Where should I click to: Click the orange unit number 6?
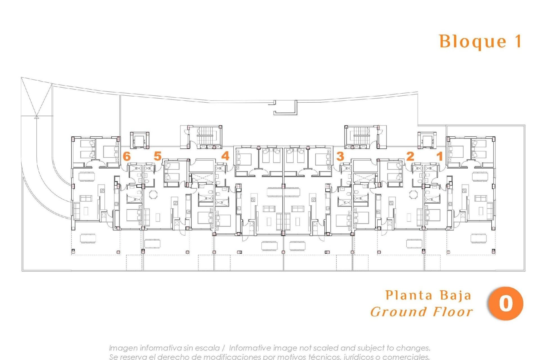pyautogui.click(x=127, y=156)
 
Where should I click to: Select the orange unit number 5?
pyautogui.click(x=158, y=156)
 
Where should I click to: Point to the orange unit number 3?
pyautogui.click(x=340, y=156)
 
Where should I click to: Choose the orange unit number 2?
pyautogui.click(x=410, y=156)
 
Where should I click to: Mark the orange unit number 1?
pyautogui.click(x=439, y=156)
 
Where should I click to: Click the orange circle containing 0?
pyautogui.click(x=505, y=303)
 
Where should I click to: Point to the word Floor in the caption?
pyautogui.click(x=453, y=312)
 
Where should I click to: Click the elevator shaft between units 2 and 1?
pyautogui.click(x=427, y=140)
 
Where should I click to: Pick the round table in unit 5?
pyautogui.click(x=154, y=195)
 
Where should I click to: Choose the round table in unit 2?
pyautogui.click(x=413, y=195)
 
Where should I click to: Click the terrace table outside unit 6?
pyautogui.click(x=88, y=238)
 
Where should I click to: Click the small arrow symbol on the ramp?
pyautogui.click(x=36, y=117)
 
